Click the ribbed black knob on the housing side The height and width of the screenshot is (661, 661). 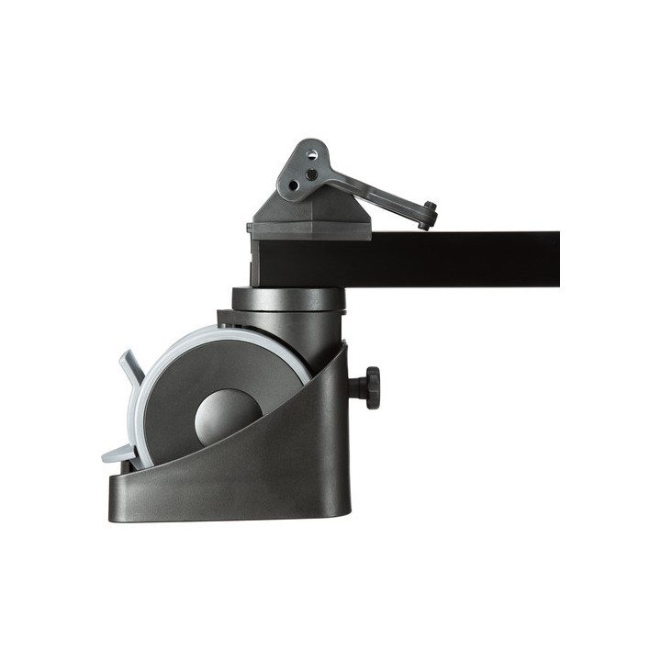[x=370, y=387]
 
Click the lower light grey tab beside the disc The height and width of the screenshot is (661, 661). [x=118, y=453]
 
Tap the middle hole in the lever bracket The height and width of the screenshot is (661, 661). [x=312, y=174]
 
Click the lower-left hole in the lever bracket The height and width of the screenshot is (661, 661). [x=294, y=185]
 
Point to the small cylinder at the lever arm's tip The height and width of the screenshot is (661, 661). [x=428, y=215]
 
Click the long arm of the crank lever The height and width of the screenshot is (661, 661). [x=376, y=194]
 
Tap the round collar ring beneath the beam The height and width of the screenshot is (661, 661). [x=286, y=298]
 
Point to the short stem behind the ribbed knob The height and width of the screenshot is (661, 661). [x=355, y=387]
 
